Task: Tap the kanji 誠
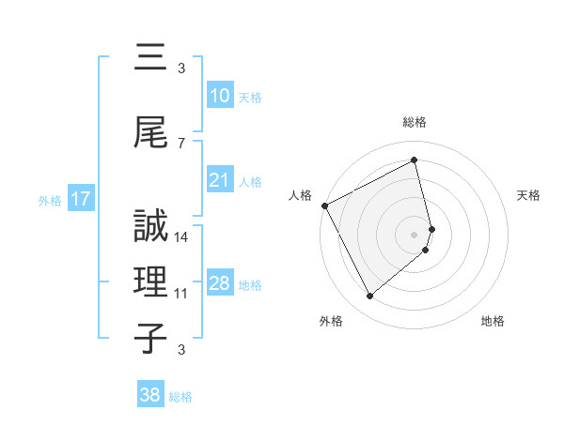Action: [150, 225]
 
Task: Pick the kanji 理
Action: [150, 280]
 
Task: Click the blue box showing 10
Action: [220, 96]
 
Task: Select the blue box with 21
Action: [220, 180]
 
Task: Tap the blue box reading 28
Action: [220, 283]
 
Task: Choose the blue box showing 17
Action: [81, 199]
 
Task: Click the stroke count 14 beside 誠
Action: [181, 237]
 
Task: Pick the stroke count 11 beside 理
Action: [181, 293]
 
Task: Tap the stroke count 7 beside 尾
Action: [181, 143]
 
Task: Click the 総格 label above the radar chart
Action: [415, 122]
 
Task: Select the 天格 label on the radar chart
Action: [529, 195]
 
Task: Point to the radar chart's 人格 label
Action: [301, 195]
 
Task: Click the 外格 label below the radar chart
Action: [331, 322]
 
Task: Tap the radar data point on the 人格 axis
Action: [324, 205]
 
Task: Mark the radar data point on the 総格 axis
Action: [415, 160]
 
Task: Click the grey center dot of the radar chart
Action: [415, 234]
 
